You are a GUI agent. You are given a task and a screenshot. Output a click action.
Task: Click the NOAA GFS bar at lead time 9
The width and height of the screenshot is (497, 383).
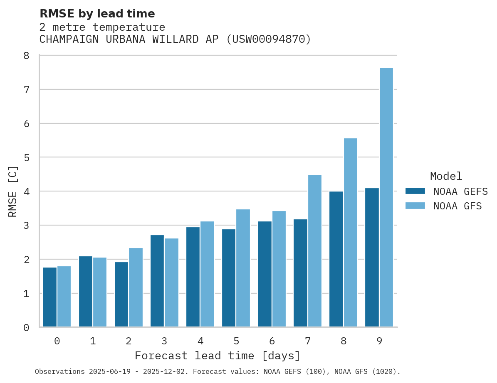386,197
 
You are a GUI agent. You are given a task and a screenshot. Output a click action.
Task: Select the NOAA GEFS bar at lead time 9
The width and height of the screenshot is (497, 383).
372,258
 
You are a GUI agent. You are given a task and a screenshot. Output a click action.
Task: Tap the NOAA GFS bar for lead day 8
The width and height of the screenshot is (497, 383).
351,233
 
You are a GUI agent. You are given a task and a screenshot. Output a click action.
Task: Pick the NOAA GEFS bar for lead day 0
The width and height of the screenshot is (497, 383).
50,297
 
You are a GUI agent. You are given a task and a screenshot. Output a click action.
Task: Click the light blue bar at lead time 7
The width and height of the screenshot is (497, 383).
315,251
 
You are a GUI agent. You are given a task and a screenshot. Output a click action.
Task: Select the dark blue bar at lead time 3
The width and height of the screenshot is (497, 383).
157,281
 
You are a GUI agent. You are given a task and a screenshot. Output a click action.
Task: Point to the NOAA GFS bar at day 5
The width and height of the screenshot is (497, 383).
243,268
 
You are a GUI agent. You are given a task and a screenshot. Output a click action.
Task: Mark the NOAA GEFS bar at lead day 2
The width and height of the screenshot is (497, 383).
121,294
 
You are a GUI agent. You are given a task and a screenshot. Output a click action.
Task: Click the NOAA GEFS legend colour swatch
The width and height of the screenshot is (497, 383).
415,191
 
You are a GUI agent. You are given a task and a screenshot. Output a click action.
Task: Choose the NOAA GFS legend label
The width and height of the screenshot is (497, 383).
457,206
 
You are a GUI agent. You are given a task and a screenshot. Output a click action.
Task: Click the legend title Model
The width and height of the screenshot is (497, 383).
446,176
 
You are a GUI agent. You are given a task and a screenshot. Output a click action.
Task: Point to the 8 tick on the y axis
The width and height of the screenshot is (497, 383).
26,56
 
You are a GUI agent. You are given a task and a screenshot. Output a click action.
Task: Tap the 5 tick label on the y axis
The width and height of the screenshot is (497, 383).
26,157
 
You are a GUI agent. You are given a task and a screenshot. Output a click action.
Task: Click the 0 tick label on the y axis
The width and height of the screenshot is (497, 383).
26,328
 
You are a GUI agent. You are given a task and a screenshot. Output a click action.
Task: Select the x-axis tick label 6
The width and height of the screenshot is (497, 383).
272,341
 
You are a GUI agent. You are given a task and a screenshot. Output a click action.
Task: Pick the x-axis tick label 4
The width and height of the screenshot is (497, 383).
200,341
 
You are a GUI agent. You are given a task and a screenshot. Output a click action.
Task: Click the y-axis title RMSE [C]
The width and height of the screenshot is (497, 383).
13,191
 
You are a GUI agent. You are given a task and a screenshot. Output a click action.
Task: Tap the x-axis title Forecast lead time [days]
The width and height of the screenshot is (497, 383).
218,356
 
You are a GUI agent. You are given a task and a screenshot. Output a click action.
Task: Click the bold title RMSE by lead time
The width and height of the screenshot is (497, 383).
97,14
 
